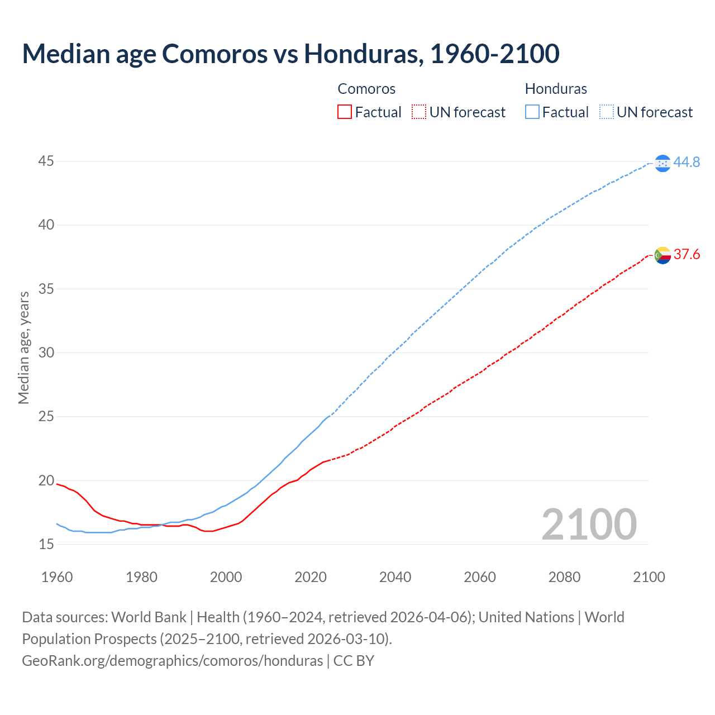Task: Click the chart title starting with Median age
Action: tap(290, 54)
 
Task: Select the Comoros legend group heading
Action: tap(366, 89)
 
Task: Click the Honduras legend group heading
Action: tap(556, 89)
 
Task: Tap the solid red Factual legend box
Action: tap(345, 112)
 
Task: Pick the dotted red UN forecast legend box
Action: tap(419, 112)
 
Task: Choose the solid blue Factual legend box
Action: tap(532, 112)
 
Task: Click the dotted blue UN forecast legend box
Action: tap(607, 112)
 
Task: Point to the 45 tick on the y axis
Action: tap(46, 161)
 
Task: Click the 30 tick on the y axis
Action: tap(46, 352)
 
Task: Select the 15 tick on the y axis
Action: tap(46, 544)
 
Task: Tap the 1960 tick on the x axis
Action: tap(57, 577)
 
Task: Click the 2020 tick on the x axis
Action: tap(311, 577)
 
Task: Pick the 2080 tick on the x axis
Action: tap(564, 577)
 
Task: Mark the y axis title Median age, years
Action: tap(23, 347)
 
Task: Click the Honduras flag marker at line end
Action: tap(662, 163)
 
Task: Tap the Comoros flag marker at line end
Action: tap(662, 255)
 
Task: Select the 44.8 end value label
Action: tap(687, 162)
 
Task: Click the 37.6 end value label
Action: tap(687, 255)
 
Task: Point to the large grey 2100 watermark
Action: tap(589, 524)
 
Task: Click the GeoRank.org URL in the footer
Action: tap(172, 660)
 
